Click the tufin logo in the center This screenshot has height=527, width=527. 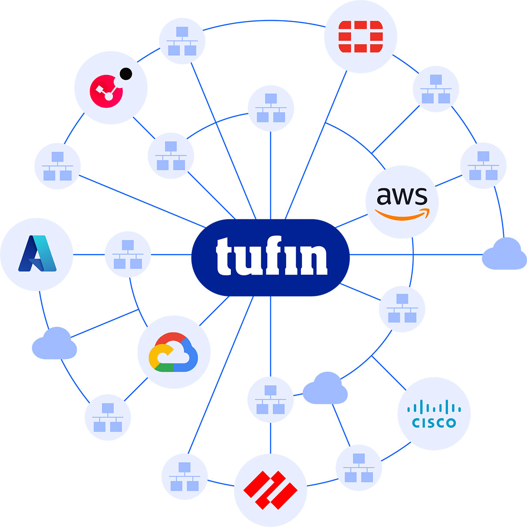[x=270, y=257]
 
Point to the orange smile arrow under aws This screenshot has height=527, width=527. [x=402, y=214]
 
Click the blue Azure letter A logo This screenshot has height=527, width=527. [x=37, y=254]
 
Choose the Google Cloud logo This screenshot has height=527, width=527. [x=173, y=352]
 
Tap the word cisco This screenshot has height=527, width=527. [x=434, y=422]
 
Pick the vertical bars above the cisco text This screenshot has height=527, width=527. [x=434, y=408]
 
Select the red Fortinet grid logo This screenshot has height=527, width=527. [x=361, y=36]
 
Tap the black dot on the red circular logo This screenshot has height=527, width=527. [x=126, y=74]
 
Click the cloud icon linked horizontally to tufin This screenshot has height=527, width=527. [x=504, y=254]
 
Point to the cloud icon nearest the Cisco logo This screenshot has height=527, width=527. [x=325, y=388]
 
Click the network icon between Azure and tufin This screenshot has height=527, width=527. [x=128, y=255]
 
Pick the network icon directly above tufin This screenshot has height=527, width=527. [x=270, y=108]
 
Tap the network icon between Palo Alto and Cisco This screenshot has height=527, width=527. [x=358, y=468]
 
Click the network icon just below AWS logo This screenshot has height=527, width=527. [x=402, y=309]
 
